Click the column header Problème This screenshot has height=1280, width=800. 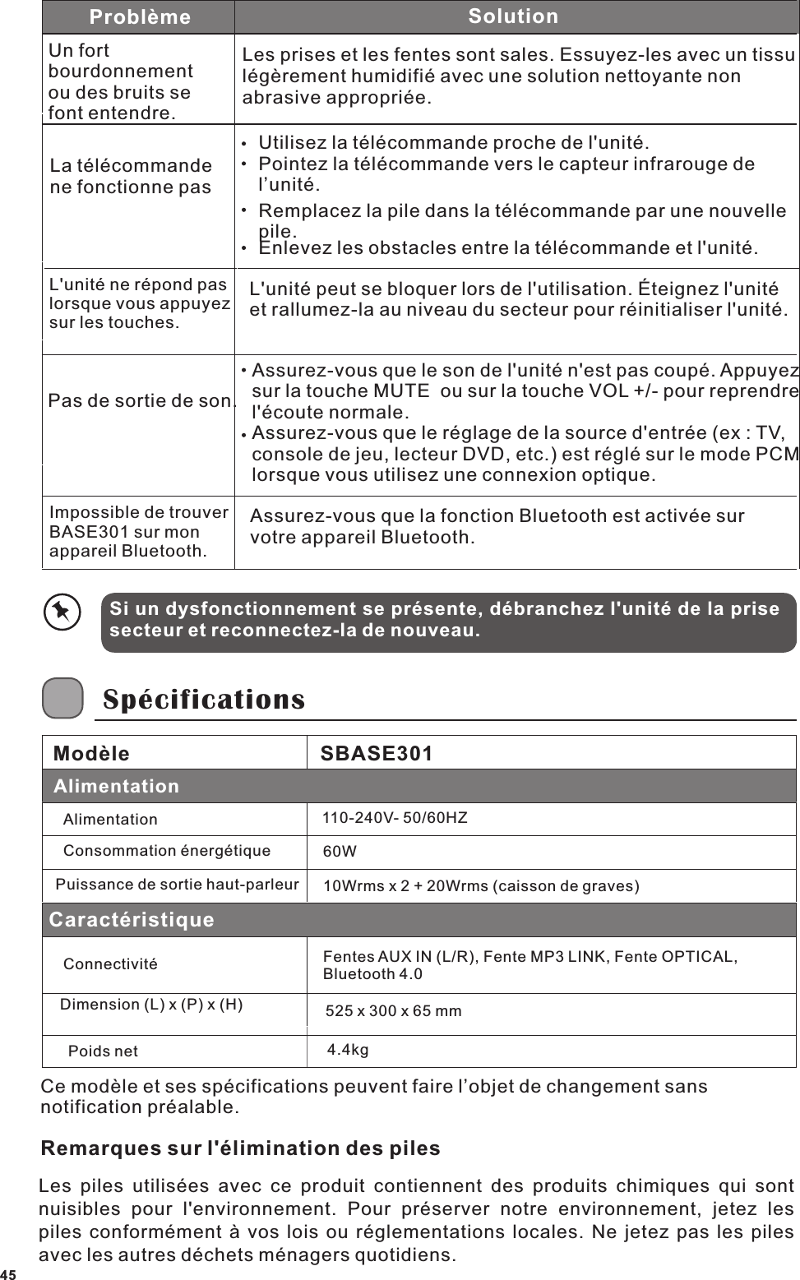pyautogui.click(x=140, y=17)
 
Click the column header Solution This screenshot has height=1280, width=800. pyautogui.click(x=513, y=16)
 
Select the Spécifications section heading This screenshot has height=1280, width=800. pyautogui.click(x=203, y=700)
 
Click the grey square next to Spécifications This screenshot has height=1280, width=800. pyautogui.click(x=62, y=698)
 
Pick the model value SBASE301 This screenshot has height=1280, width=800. pyautogui.click(x=376, y=754)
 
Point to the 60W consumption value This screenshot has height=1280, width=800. pyautogui.click(x=340, y=853)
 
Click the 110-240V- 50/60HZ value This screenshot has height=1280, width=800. pyautogui.click(x=395, y=818)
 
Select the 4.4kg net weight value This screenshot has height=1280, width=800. pyautogui.click(x=348, y=1050)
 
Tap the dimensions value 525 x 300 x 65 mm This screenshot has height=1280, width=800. pyautogui.click(x=394, y=1011)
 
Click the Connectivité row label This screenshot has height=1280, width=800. pyautogui.click(x=110, y=963)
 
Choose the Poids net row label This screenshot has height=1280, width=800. pyautogui.click(x=103, y=1051)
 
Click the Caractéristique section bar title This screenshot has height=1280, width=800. pyautogui.click(x=132, y=920)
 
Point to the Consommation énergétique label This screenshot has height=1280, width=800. pyautogui.click(x=167, y=851)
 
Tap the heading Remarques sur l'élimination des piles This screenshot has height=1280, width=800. pyautogui.click(x=241, y=1148)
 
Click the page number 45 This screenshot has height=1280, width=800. pyautogui.click(x=7, y=1274)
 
